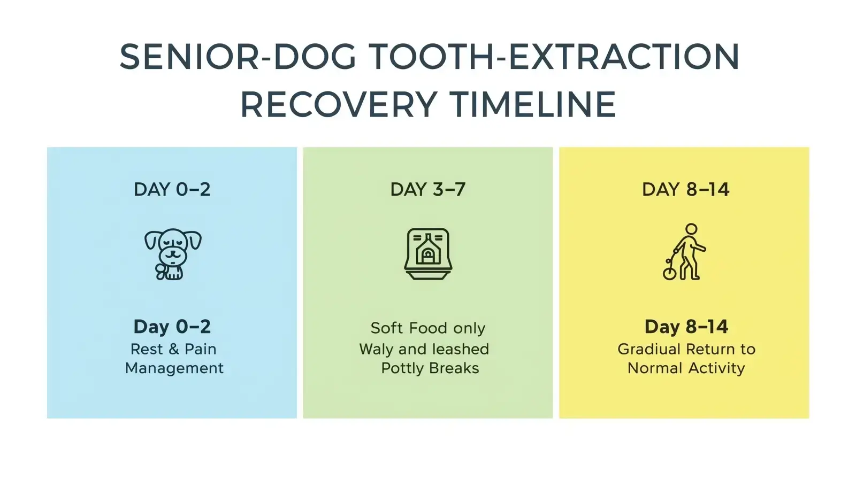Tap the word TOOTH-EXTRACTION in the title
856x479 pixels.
coord(554,57)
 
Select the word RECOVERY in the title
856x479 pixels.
coord(339,104)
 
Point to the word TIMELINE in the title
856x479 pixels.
coord(532,104)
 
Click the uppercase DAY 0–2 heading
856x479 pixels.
coord(172,189)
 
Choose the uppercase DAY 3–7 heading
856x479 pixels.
coord(427,189)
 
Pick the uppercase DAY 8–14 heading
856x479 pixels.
coord(685,189)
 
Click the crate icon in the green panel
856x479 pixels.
coord(428,253)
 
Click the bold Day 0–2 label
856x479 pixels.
coord(172,326)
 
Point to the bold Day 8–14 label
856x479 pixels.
coord(686,326)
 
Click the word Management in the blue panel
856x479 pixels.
coord(174,368)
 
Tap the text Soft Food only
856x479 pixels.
coord(427,328)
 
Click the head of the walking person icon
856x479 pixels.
coord(691,229)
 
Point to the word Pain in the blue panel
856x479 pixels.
coord(200,349)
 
